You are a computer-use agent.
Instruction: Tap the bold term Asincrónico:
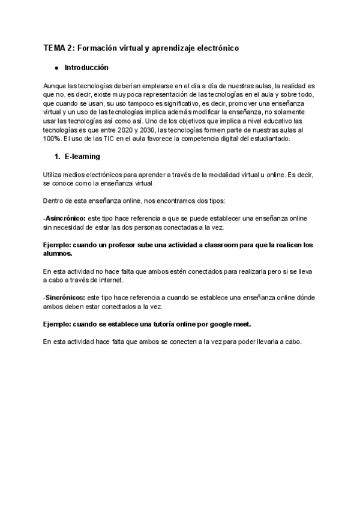(66, 218)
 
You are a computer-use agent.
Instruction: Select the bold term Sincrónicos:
(65, 297)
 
